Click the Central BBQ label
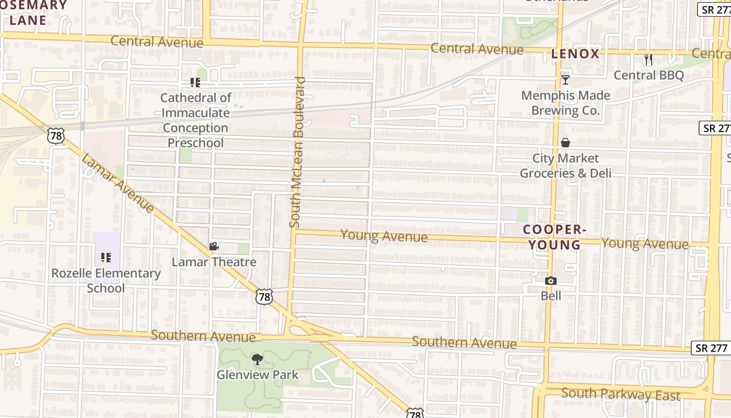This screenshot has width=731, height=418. click(x=649, y=75)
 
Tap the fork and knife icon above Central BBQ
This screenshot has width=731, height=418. click(x=649, y=59)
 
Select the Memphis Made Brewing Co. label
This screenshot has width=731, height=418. click(x=565, y=103)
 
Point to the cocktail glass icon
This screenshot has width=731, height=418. click(x=565, y=80)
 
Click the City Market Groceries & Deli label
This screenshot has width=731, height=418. click(x=565, y=166)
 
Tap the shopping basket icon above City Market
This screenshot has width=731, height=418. click(x=565, y=143)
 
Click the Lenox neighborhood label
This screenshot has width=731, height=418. click(x=575, y=54)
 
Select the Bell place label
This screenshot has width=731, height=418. click(x=551, y=296)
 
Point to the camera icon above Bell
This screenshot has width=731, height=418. click(x=550, y=281)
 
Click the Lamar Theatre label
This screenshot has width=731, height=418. click(x=214, y=262)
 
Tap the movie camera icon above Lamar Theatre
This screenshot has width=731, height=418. click(x=214, y=247)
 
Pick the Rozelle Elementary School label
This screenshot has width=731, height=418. click(x=106, y=281)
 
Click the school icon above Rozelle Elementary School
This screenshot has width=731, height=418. click(x=106, y=258)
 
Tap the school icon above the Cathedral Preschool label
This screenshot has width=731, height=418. click(x=195, y=83)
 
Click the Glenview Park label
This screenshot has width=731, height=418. click(x=257, y=375)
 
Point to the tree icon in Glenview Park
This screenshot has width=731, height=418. click(x=257, y=359)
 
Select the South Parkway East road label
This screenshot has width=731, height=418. click(x=621, y=394)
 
